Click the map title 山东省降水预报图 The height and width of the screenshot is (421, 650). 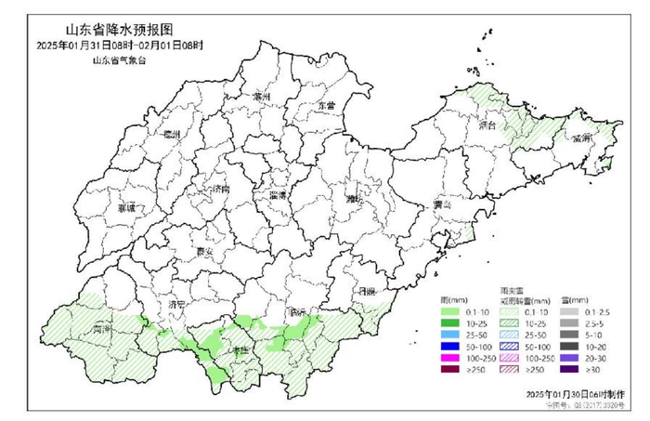point(120,29)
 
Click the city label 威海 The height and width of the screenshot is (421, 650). point(582,138)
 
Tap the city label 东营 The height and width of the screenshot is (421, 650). point(324,107)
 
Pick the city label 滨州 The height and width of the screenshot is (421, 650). point(259,98)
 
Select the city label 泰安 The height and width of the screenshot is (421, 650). point(206,251)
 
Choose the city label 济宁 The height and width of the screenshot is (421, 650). point(179,304)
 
